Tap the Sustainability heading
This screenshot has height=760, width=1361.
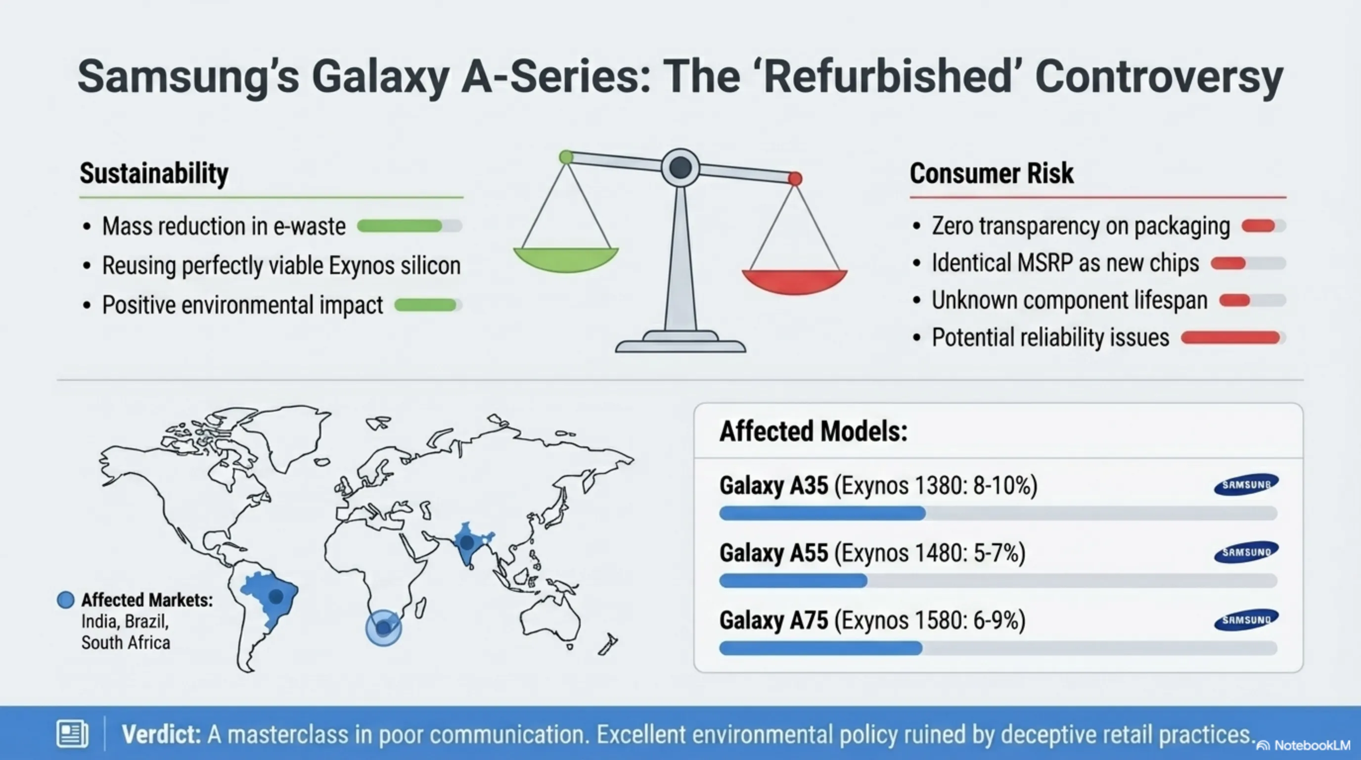point(154,173)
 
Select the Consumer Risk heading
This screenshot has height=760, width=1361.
point(992,173)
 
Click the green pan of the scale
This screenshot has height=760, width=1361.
point(566,259)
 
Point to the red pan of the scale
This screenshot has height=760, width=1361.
point(795,281)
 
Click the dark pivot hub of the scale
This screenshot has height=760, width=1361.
point(680,168)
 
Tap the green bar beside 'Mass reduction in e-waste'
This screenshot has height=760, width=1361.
point(400,226)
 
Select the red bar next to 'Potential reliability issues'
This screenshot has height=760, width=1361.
point(1230,338)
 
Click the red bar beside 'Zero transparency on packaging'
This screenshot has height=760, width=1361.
point(1259,226)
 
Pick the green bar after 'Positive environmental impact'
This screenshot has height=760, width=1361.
point(425,305)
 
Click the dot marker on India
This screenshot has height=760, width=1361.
point(466,542)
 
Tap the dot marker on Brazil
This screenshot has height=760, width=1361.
point(276,597)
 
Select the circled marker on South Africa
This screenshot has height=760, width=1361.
point(384,628)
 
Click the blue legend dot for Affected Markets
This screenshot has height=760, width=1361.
point(65,600)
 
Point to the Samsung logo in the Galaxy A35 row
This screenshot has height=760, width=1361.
point(1246,484)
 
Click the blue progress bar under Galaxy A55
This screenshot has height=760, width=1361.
point(793,581)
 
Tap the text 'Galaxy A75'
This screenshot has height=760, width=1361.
point(773,620)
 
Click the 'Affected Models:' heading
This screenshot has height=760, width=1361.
point(813,431)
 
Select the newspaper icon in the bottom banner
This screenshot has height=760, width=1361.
point(72,734)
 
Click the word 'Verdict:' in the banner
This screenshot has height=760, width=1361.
point(161,734)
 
